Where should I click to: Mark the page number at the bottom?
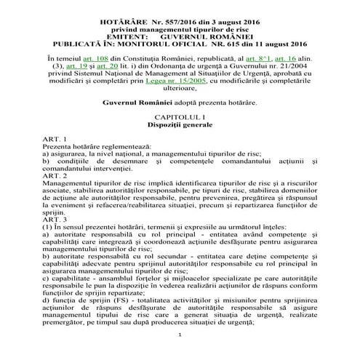coord(179,353)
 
